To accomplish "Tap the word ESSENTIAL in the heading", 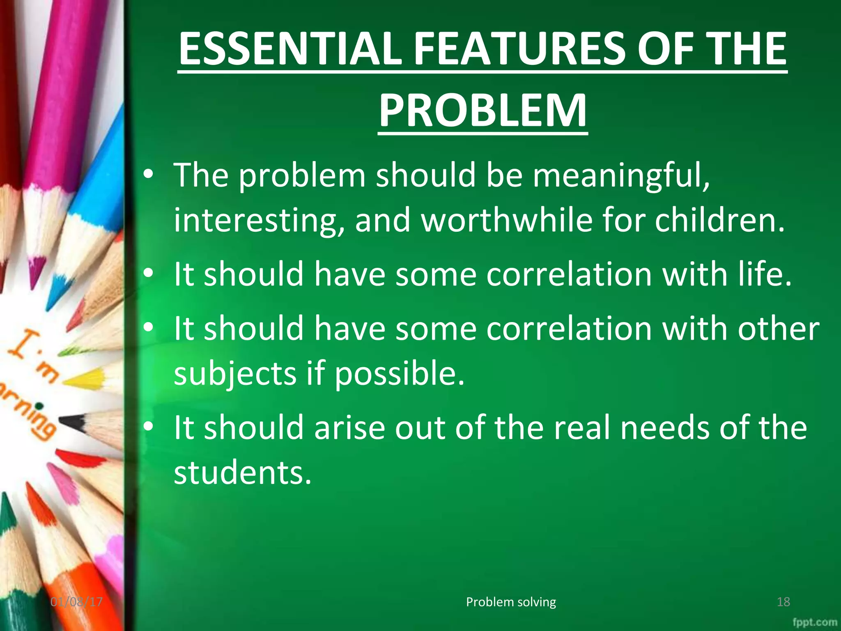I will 290,49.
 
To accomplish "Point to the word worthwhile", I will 507,220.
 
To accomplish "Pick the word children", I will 719,220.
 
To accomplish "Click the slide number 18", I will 784,602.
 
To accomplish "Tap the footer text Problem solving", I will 511,602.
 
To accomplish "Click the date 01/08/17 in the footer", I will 76,602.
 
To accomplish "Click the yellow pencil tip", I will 84,378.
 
